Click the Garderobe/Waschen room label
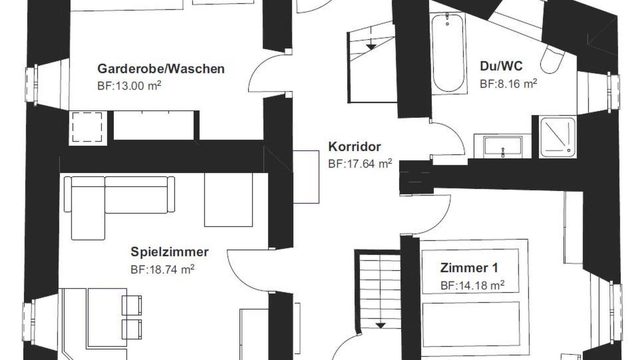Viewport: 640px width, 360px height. (161, 69)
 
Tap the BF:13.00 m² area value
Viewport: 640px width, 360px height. (129, 85)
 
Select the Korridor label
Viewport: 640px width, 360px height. (354, 147)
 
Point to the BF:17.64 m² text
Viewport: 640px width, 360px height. (360, 163)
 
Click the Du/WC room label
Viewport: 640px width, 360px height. (501, 66)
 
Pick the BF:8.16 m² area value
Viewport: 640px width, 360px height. (508, 84)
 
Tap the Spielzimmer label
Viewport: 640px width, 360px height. (169, 252)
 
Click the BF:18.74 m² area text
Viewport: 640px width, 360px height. (162, 269)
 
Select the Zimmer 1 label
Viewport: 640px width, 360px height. (469, 268)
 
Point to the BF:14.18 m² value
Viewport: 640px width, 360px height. (472, 285)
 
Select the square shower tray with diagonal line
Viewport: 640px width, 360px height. (557, 137)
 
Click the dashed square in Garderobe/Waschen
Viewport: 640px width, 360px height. (87, 127)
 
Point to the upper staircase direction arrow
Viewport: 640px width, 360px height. (371, 47)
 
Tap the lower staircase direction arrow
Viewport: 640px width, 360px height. (380, 325)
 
